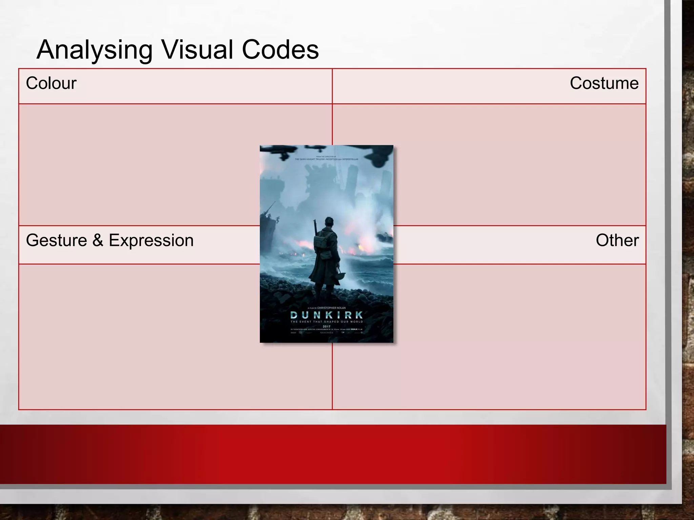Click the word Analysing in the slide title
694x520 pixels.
tap(94, 50)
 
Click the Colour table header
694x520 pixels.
tap(51, 83)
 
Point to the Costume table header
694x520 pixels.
tap(604, 83)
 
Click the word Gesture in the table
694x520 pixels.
tap(56, 240)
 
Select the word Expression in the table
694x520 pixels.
tap(151, 240)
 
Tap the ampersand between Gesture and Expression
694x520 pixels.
tap(98, 240)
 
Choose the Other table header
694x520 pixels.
tap(617, 240)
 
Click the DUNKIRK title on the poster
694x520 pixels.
tap(327, 315)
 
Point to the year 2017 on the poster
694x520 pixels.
tap(326, 326)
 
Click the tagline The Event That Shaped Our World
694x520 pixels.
tap(327, 322)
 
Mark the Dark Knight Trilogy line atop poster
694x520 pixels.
tap(326, 159)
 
